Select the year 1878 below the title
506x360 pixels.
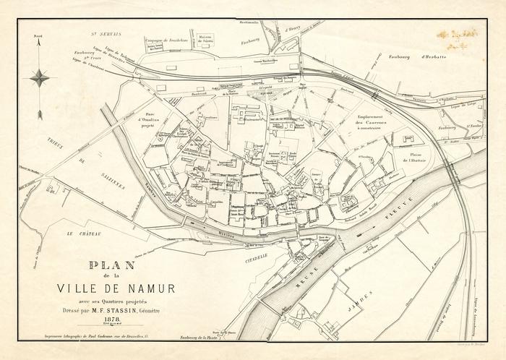(113, 319)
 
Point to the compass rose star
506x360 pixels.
(40, 77)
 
